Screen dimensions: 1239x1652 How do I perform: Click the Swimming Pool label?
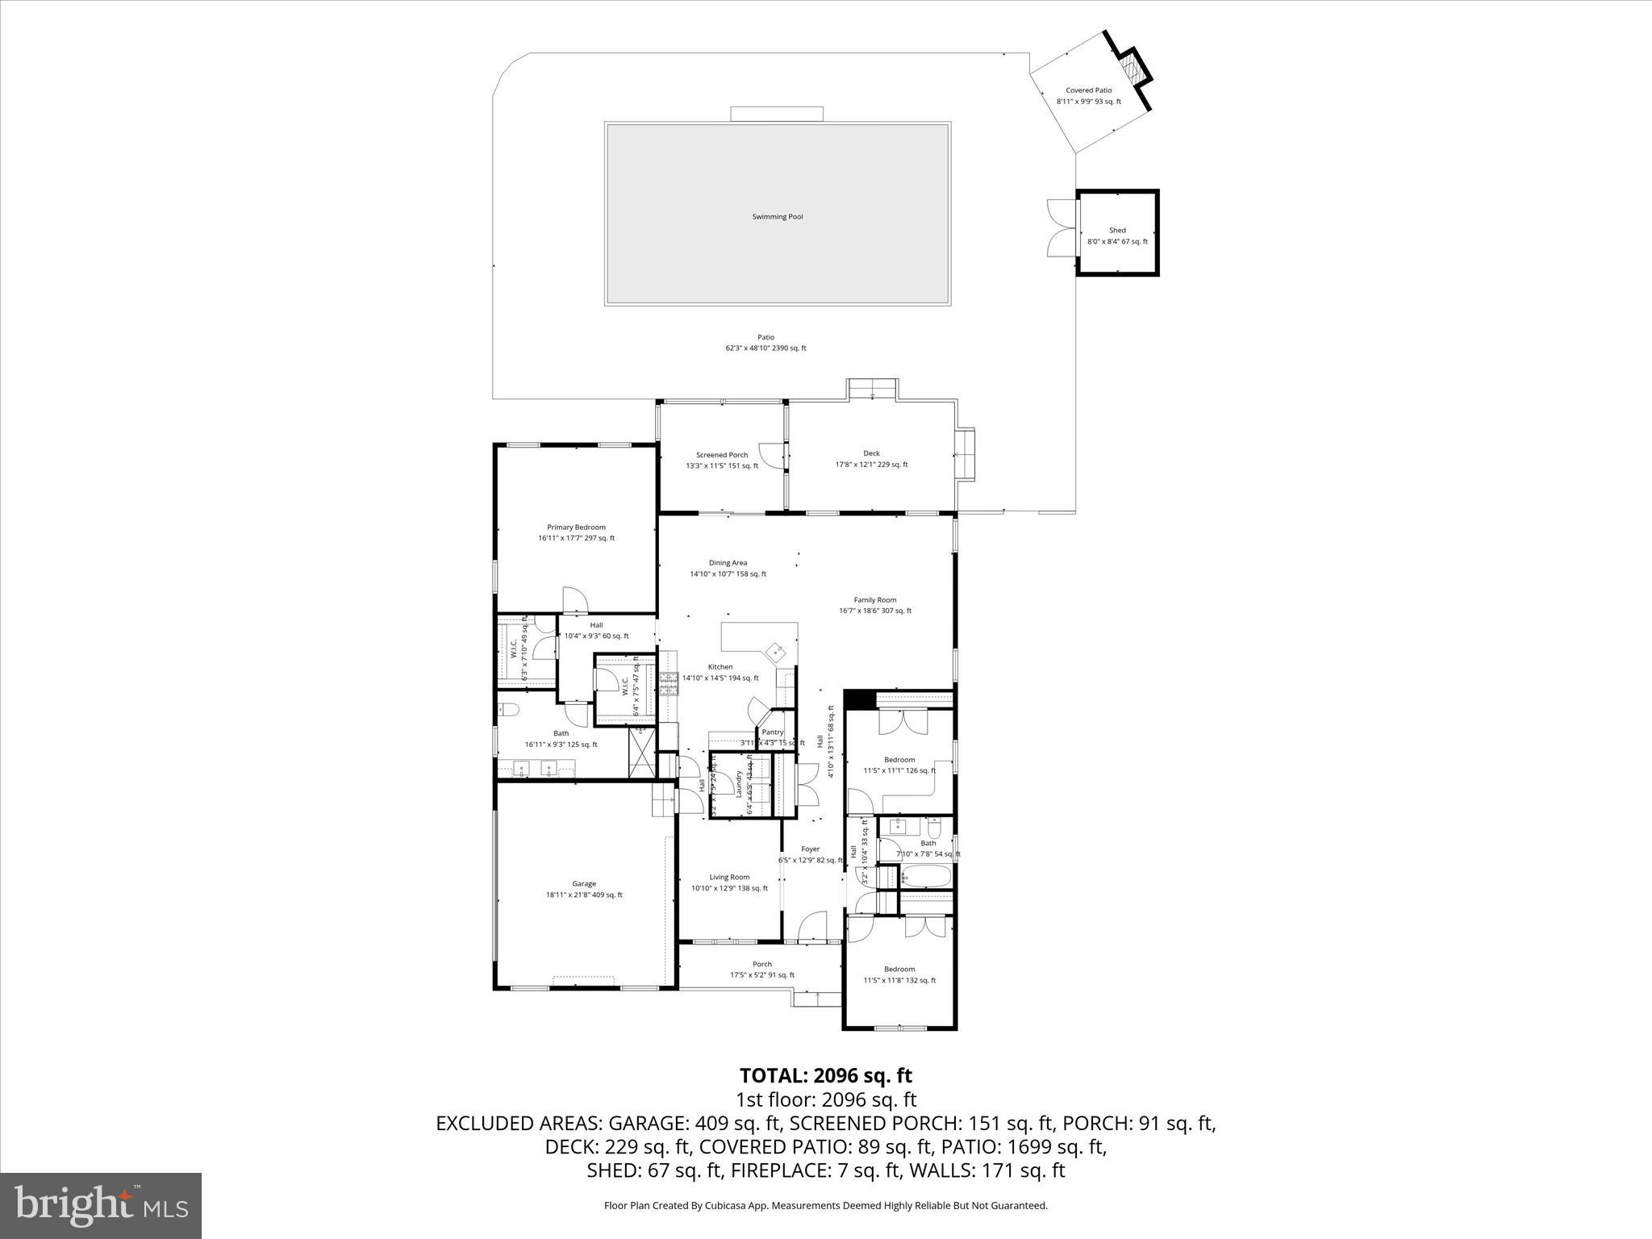777,217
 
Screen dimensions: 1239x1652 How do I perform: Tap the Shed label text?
1117,231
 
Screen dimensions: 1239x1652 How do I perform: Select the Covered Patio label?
1088,90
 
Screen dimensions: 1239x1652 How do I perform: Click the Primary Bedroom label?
576,528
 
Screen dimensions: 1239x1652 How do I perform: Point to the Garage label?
584,884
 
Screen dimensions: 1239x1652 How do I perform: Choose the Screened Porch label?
722,455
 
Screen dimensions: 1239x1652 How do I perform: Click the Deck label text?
871,453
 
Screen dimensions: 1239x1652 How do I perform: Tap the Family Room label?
875,600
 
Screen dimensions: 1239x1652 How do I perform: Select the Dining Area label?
728,563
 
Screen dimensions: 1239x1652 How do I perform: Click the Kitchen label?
720,667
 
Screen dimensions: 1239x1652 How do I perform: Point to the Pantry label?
772,732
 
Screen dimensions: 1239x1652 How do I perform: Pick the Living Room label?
729,878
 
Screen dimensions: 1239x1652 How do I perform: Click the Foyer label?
810,849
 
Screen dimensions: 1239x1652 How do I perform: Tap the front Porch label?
762,964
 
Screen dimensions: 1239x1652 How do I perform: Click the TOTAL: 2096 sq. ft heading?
825,1075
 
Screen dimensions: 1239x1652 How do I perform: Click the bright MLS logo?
101,1206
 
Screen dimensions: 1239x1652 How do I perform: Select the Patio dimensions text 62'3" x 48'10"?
766,348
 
